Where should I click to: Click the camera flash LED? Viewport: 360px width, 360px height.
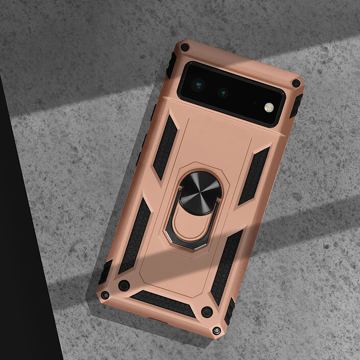[x=268, y=107]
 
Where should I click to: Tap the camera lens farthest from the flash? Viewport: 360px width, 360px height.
[x=199, y=83]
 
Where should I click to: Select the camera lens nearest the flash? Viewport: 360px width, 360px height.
[x=223, y=92]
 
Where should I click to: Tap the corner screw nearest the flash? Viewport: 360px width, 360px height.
[x=296, y=83]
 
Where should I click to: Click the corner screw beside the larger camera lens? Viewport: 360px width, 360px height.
[x=184, y=47]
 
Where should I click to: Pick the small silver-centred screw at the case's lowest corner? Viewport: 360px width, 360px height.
[x=217, y=331]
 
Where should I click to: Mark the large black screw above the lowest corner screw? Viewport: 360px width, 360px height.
[x=207, y=311]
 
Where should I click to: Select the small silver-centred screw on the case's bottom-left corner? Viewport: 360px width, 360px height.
[x=105, y=295]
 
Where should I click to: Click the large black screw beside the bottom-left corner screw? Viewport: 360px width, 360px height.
[x=124, y=285]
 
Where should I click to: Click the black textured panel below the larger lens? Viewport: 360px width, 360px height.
[x=165, y=147]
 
